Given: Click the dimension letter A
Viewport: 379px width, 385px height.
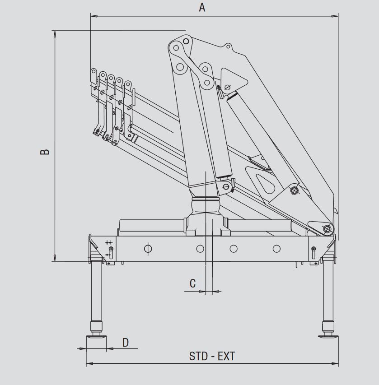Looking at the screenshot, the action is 202,7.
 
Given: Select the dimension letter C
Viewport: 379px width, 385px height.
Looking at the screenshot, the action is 193,283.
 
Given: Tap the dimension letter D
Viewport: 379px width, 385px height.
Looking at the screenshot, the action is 126,343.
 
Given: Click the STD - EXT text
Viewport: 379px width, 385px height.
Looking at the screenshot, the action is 212,356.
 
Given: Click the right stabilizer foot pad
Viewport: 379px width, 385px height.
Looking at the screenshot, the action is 328,336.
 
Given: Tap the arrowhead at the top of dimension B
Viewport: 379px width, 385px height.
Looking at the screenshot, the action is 55,34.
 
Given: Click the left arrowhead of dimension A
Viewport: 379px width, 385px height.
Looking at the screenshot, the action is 94,16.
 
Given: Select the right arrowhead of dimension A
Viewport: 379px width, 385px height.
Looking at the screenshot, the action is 335,16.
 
